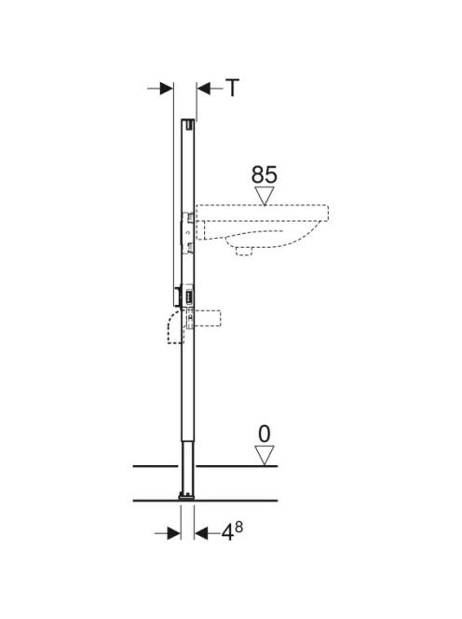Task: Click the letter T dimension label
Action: [x=233, y=88]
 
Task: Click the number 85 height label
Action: [x=265, y=174]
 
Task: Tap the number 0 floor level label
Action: [x=265, y=434]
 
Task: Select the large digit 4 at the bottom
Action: [x=227, y=534]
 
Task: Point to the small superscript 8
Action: [x=238, y=527]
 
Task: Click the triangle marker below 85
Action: [x=265, y=196]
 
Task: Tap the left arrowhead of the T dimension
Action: [x=167, y=89]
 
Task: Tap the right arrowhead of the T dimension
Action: [x=204, y=89]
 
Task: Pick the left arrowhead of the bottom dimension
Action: [x=174, y=534]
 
